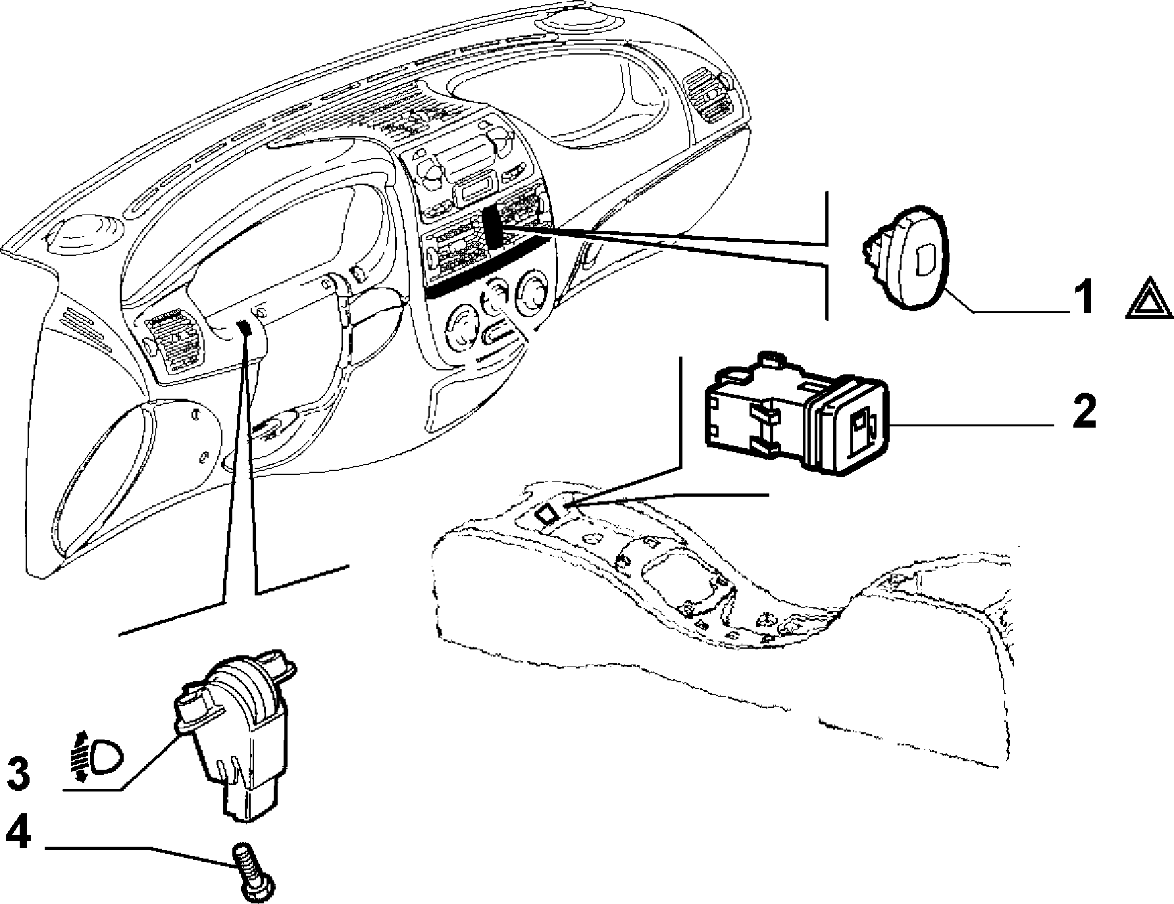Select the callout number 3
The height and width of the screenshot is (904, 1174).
pos(18,774)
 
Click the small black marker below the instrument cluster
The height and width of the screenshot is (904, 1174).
pos(244,327)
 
